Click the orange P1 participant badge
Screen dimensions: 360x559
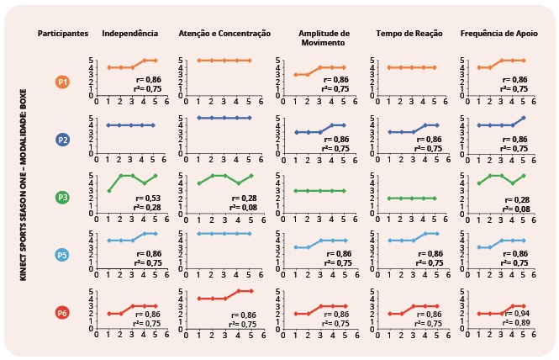62,82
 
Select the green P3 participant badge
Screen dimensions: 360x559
62,198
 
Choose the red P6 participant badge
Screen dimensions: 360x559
62,313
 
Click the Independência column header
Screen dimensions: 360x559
129,33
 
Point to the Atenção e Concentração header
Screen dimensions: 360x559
224,33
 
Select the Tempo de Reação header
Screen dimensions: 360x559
406,33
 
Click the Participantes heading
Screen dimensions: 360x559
63,33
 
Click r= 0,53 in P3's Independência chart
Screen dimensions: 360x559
148,197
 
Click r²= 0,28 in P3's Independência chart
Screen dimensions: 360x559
148,207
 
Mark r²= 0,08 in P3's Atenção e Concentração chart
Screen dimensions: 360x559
244,207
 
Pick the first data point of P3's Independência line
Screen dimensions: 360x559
108,191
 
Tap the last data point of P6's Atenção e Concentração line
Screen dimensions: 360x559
250,290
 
